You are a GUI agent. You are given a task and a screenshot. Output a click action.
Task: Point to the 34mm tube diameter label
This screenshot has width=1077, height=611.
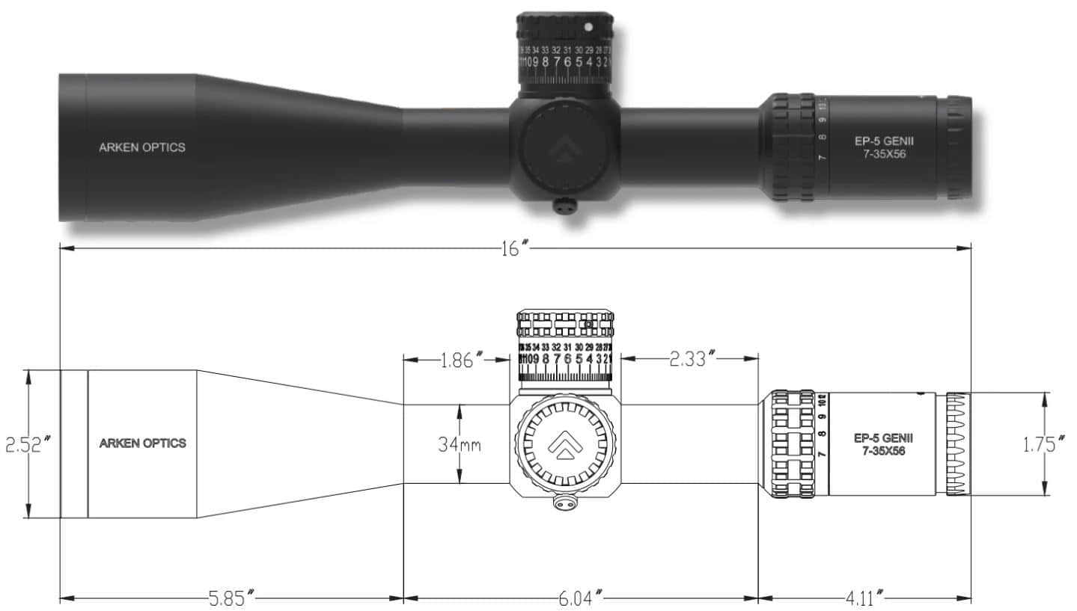tap(459, 445)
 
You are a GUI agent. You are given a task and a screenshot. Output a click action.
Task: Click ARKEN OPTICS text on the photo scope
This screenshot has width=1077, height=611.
tap(141, 147)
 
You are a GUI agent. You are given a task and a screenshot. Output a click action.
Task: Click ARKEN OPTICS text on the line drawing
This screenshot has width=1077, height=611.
tap(142, 443)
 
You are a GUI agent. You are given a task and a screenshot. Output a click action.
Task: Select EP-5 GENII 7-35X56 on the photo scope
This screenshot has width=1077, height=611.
tap(884, 147)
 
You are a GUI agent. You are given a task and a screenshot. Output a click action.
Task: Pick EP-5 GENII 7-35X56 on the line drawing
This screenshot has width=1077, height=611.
tap(883, 443)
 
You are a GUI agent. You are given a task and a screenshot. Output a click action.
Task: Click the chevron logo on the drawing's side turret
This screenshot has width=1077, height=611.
tap(565, 446)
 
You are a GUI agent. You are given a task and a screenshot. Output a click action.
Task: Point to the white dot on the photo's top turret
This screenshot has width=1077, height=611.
tap(588, 27)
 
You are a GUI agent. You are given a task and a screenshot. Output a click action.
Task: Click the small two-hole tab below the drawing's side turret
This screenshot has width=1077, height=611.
tap(565, 505)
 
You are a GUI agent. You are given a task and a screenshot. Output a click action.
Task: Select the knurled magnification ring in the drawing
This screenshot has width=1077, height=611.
tap(792, 443)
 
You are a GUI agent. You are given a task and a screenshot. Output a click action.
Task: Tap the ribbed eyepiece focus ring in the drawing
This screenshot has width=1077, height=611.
tap(957, 443)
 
